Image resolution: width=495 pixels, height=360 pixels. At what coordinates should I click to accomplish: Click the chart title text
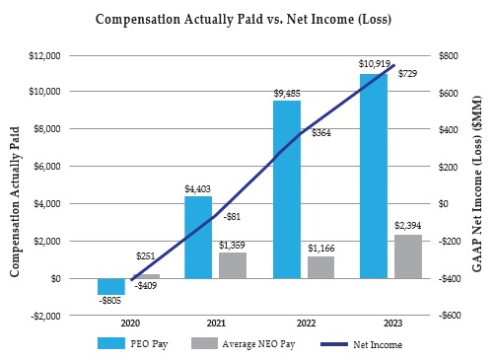247,19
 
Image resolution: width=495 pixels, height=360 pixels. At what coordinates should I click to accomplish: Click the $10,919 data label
373,64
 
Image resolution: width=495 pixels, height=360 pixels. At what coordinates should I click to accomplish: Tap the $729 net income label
406,74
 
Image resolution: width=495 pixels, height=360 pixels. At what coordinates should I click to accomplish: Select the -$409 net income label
144,286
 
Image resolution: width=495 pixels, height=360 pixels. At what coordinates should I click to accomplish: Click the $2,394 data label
407,226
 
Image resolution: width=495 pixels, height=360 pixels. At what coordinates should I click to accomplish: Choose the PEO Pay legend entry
128,344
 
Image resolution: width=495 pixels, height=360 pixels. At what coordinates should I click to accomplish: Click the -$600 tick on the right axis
449,316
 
